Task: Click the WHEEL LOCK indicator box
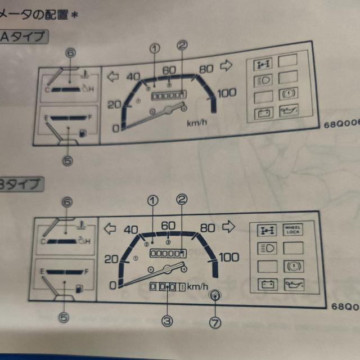click(293, 229)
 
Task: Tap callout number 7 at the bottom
click(217, 322)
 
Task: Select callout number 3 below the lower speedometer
click(167, 321)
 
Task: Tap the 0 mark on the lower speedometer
click(113, 285)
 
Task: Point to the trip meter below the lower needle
click(166, 287)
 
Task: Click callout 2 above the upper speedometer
click(182, 46)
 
